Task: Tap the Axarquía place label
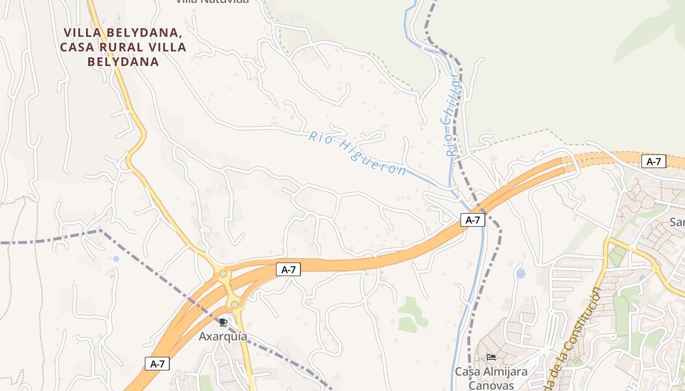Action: pos(223,337)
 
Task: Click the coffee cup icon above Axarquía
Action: pos(223,322)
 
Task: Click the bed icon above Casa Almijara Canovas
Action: pos(491,357)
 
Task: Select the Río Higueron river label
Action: pos(357,153)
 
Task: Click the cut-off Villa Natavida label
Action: pos(212,1)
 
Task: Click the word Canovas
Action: pos(491,386)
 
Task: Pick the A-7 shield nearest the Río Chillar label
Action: pos(473,220)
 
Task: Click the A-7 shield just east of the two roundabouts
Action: pos(288,269)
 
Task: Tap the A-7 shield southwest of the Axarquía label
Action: pos(157,364)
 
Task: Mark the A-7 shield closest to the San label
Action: pos(654,162)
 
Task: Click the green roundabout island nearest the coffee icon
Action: pos(235,305)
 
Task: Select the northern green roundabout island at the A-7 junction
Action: pos(223,274)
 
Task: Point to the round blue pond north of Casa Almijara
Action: pos(521,273)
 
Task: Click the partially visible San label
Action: pos(677,222)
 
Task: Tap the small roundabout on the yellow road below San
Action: pos(655,268)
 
